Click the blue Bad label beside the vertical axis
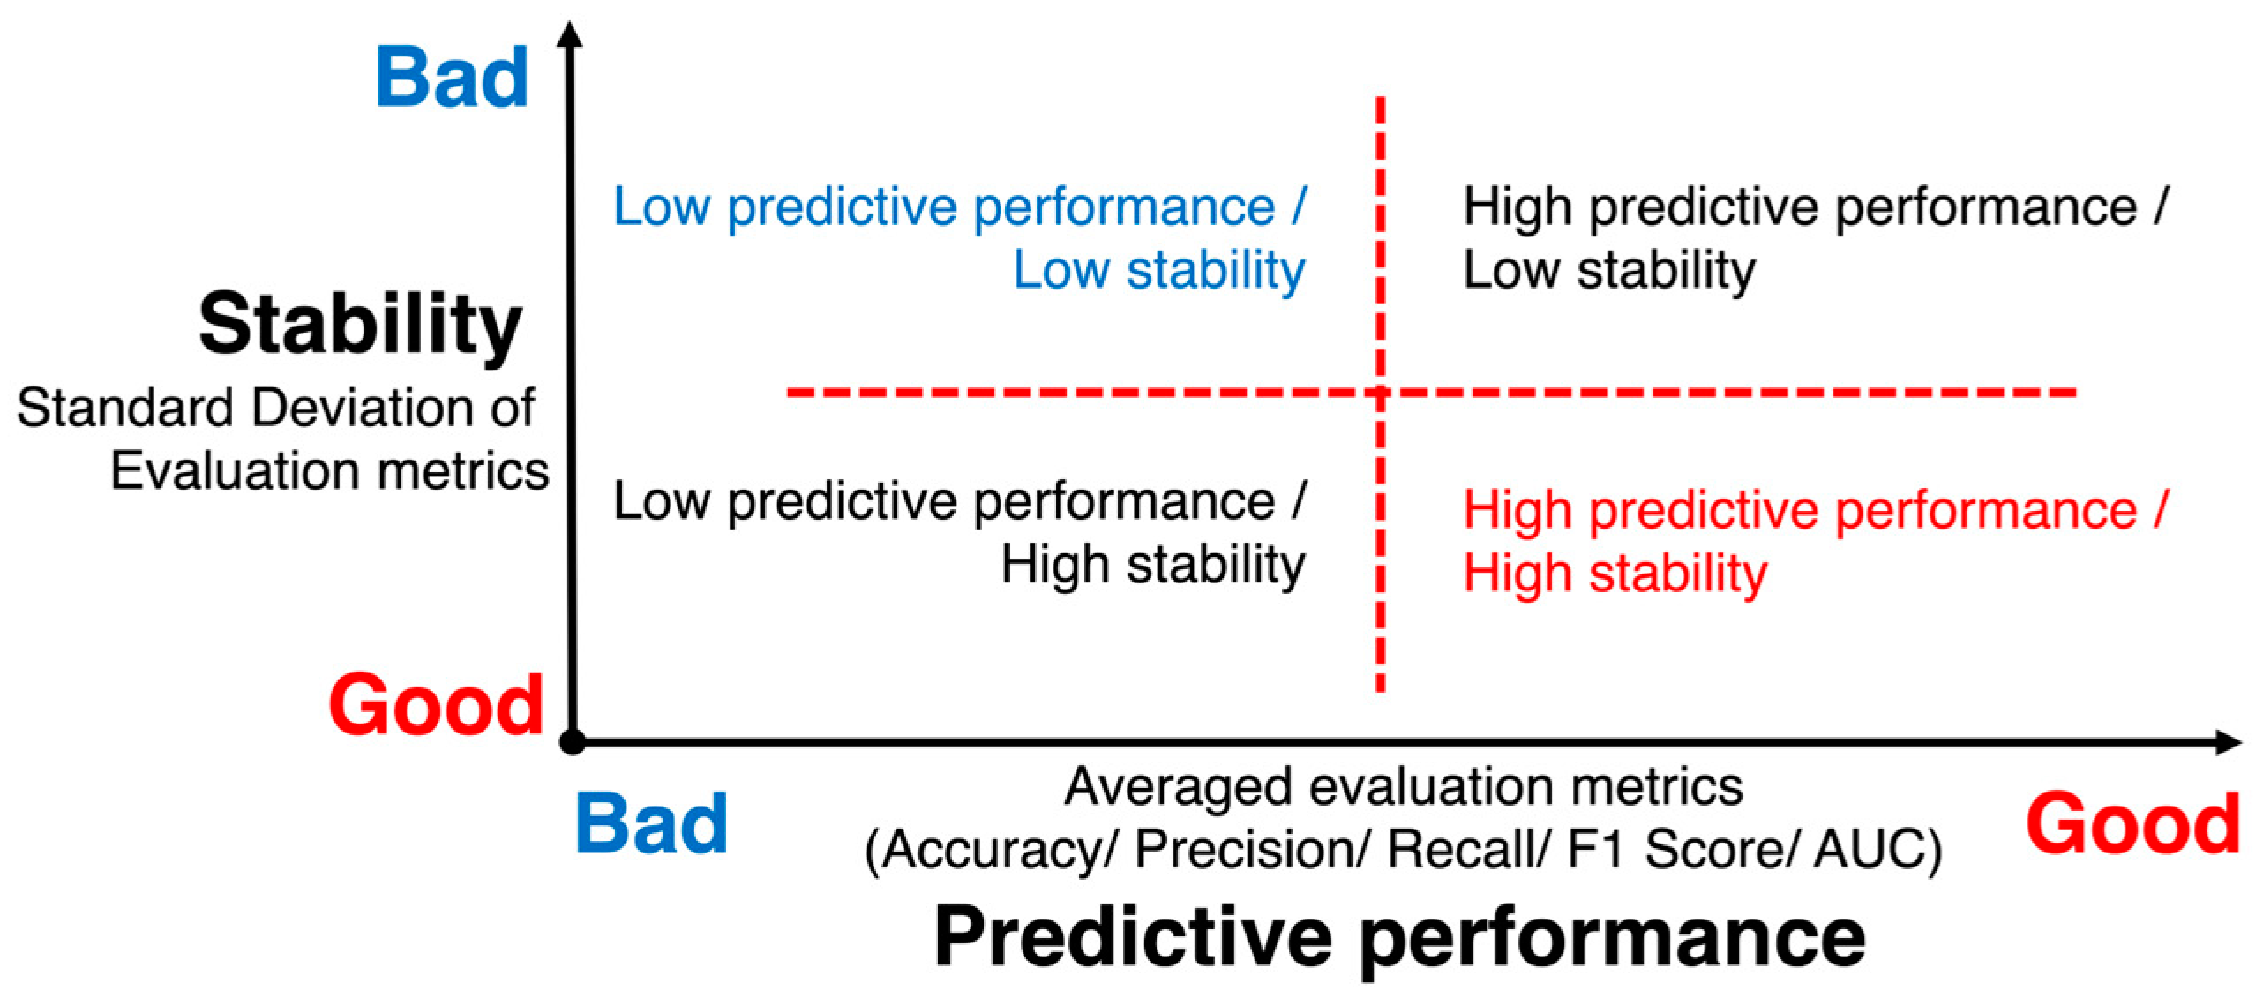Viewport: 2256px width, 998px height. pos(453,78)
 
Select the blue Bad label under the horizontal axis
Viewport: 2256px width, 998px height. pos(652,823)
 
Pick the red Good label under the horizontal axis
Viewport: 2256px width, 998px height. pos(2133,823)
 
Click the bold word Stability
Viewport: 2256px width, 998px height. pos(361,326)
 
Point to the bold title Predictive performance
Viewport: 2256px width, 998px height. pos(1400,938)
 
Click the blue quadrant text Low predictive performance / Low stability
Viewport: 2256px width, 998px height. pos(960,238)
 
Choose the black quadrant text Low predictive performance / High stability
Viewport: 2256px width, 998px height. pos(960,532)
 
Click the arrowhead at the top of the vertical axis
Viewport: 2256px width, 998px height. pos(571,33)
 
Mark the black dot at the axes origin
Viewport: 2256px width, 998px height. pos(573,742)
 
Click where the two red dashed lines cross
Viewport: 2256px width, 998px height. pos(1381,393)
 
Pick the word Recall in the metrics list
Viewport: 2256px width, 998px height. pos(1460,850)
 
